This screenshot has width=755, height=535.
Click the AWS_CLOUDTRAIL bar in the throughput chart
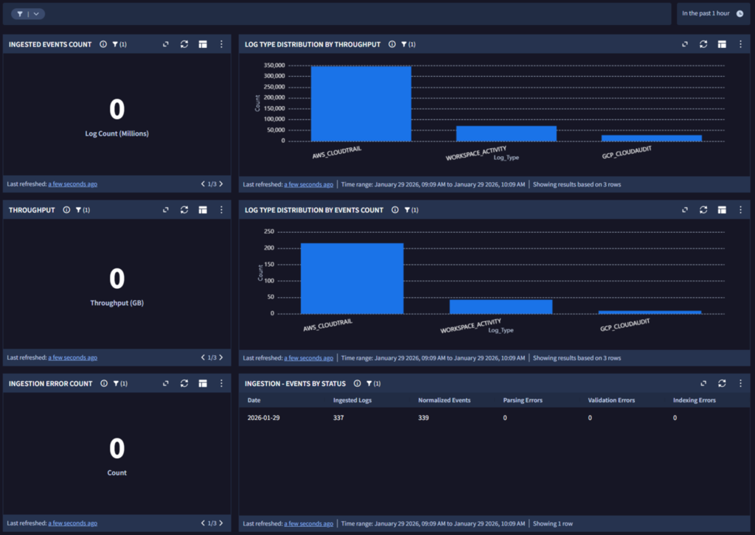[x=361, y=103]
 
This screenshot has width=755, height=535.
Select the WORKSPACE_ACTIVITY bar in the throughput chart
[x=506, y=134]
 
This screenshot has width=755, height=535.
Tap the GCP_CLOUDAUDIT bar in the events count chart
[x=650, y=312]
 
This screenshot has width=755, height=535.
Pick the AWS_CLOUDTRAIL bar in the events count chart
[x=352, y=279]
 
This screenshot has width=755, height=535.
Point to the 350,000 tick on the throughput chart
[x=274, y=65]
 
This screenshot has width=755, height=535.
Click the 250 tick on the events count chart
[x=268, y=231]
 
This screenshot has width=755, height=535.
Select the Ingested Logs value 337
[x=338, y=418]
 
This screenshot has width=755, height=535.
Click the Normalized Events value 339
[x=423, y=418]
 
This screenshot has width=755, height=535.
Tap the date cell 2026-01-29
[x=263, y=418]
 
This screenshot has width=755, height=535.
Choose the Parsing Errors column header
[x=523, y=400]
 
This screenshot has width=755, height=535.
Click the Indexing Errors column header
[x=695, y=400]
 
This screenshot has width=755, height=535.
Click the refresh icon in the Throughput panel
[x=184, y=210]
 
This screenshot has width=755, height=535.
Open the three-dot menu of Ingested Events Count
[x=221, y=44]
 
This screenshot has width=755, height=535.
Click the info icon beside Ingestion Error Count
[x=104, y=383]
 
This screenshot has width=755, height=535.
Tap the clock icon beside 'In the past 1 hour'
[x=740, y=13]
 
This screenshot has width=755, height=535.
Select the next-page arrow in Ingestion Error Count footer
[x=221, y=523]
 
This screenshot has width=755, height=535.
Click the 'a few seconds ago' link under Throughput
[x=73, y=357]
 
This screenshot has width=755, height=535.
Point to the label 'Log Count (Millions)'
[x=117, y=134]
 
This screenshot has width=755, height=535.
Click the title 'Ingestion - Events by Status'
[x=295, y=383]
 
